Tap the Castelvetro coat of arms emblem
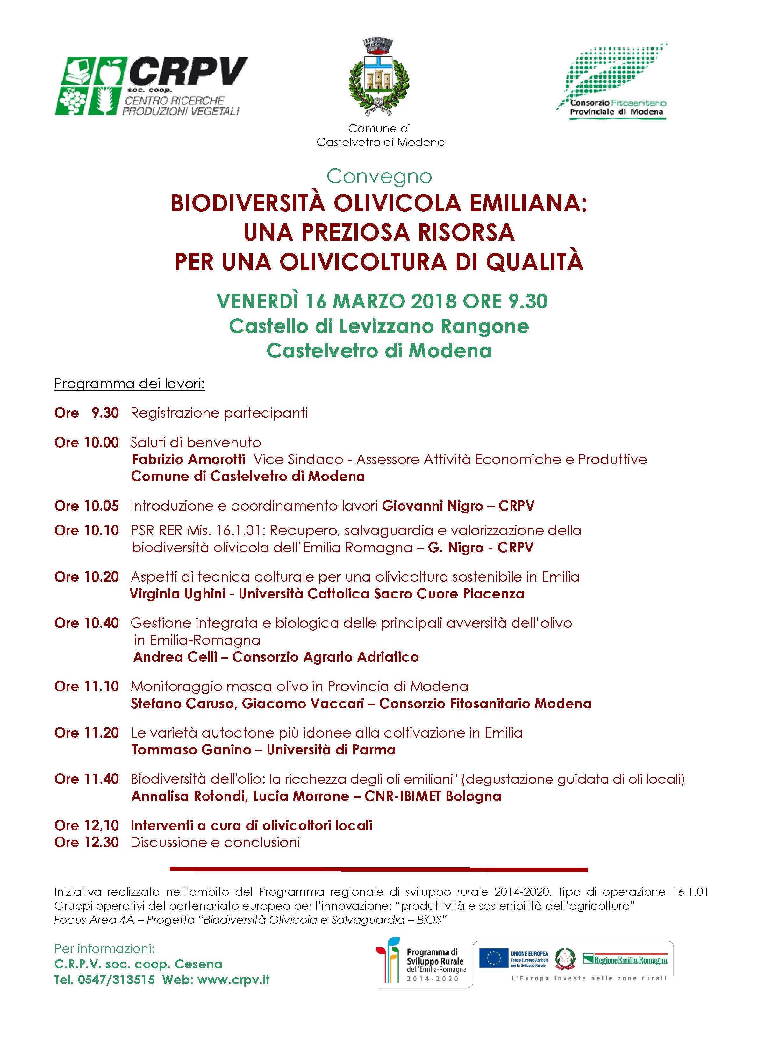(379, 77)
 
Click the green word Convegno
(379, 176)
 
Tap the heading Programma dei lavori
(129, 384)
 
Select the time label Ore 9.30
(86, 413)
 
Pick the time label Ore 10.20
(86, 577)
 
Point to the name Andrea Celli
(175, 657)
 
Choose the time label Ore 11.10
(86, 686)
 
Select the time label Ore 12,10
(86, 825)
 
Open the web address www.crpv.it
(233, 980)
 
